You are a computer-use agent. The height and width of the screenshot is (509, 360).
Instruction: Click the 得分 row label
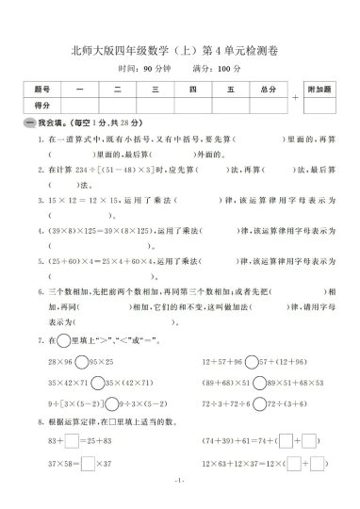coord(41,106)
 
